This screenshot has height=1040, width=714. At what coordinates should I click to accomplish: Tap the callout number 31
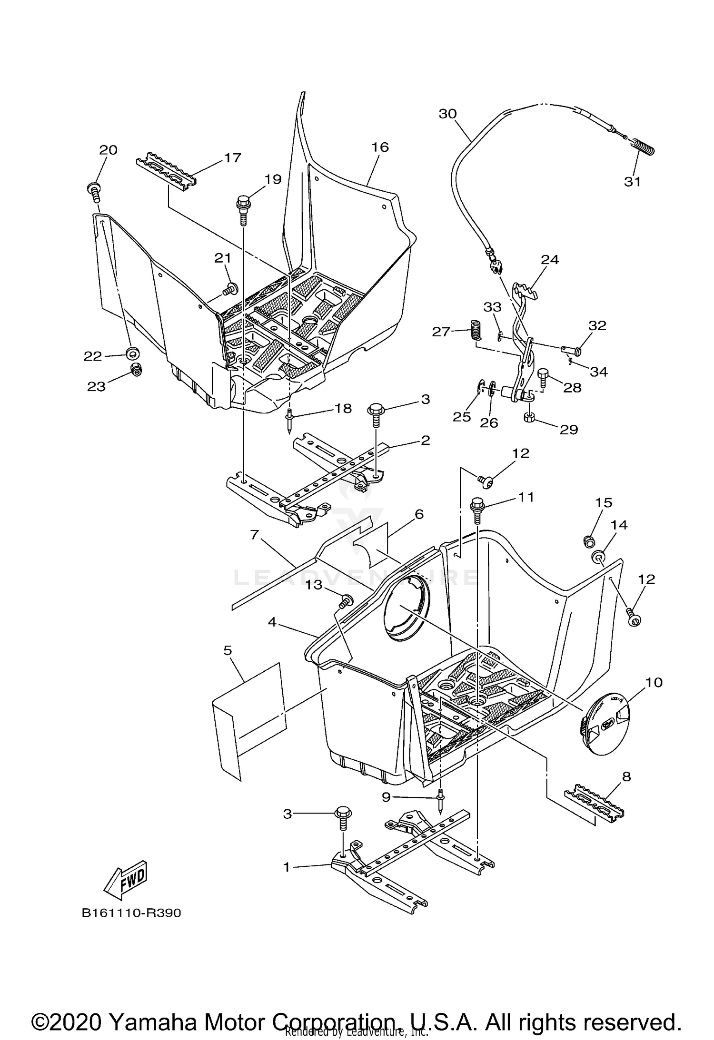(632, 181)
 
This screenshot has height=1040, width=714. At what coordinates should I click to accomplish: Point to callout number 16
(380, 147)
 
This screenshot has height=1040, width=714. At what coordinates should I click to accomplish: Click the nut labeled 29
(529, 418)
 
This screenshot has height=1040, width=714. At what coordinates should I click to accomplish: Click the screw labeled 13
(346, 601)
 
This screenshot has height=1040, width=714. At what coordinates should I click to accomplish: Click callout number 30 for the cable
(447, 114)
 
